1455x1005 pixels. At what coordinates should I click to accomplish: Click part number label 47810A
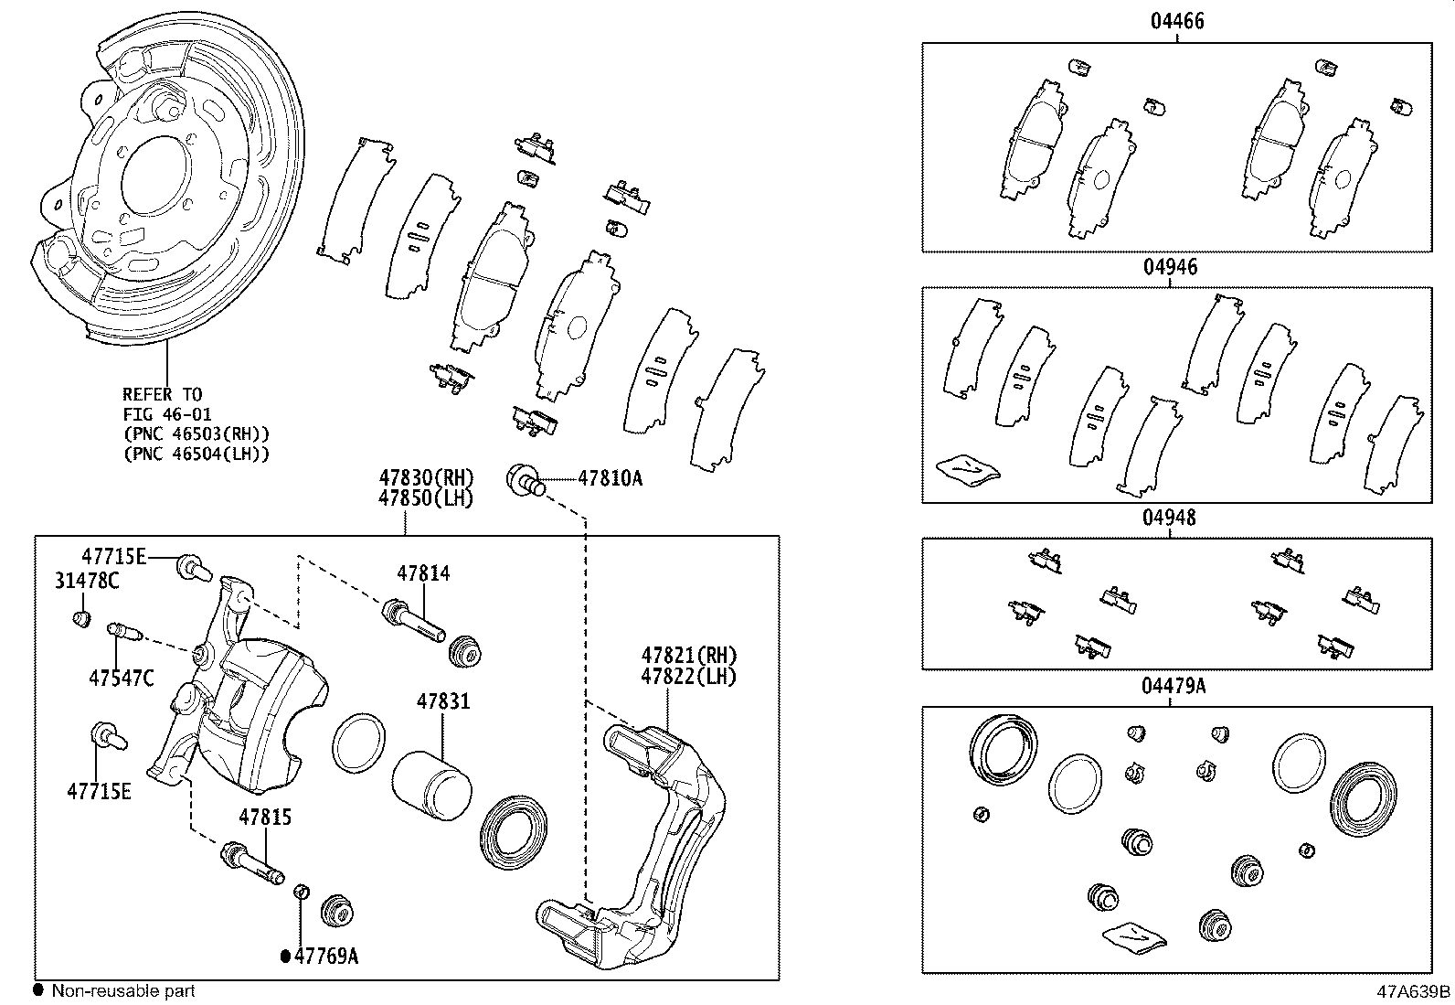pos(610,477)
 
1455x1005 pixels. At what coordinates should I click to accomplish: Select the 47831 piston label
pos(443,701)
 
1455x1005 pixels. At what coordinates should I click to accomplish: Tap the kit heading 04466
pos(1176,21)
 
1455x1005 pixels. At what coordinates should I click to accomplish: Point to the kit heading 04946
pos(1170,268)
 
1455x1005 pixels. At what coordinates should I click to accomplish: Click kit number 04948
pos(1169,518)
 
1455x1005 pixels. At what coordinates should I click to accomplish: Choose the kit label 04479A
pos(1174,686)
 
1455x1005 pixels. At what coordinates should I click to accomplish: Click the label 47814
pos(423,573)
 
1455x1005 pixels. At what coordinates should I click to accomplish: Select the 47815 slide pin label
pos(266,817)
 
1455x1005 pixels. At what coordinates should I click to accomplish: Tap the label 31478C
pos(88,580)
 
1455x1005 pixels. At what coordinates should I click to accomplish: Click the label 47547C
pos(122,678)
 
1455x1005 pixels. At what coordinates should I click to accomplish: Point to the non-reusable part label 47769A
pos(325,957)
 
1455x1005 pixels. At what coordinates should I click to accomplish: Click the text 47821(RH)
pos(689,656)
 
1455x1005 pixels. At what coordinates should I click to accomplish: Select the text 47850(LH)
pos(426,498)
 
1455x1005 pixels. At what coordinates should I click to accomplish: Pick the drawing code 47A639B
pos(1414,991)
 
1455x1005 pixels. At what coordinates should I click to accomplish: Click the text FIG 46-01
pos(167,414)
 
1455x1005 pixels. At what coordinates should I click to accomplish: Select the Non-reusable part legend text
pos(122,990)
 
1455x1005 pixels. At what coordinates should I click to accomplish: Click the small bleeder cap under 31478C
pos(81,619)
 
